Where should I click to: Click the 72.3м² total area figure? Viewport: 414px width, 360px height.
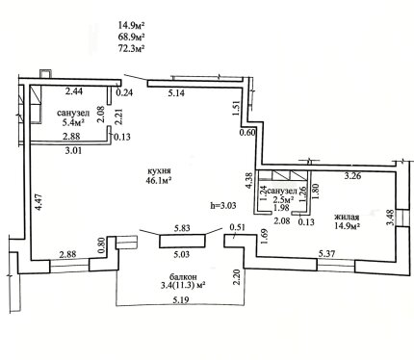(131, 48)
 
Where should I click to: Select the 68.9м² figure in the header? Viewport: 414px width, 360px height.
(131, 37)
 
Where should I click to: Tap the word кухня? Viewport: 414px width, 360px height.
(158, 171)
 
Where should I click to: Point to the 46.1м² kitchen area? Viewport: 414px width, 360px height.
(158, 181)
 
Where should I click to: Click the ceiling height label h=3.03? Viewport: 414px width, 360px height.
(223, 205)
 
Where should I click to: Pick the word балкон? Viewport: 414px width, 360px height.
(183, 276)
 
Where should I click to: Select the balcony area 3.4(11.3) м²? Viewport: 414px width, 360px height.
(183, 285)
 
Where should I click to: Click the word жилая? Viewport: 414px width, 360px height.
(347, 217)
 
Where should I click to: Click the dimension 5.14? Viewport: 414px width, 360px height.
(176, 93)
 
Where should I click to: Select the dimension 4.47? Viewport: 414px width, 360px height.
(39, 202)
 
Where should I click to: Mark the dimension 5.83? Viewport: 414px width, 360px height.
(182, 228)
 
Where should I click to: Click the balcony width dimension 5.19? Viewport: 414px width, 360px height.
(181, 300)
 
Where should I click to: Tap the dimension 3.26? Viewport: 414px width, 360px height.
(352, 176)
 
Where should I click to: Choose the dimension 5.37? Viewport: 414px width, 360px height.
(326, 254)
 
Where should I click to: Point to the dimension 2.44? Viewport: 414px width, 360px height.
(74, 91)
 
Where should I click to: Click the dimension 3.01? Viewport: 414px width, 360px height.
(73, 150)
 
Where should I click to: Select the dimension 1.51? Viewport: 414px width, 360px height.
(237, 110)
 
